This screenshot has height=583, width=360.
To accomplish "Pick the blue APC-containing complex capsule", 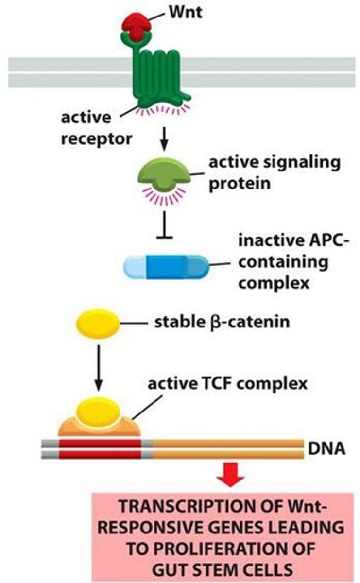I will pyautogui.click(x=166, y=267).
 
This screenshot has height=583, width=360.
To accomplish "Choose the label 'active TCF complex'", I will pyautogui.click(x=227, y=384).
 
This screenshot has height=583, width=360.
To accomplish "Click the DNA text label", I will pyautogui.click(x=327, y=448).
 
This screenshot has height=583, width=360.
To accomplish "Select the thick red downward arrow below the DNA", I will pyautogui.click(x=230, y=478).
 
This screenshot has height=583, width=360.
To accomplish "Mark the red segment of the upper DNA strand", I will pyautogui.click(x=100, y=443).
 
